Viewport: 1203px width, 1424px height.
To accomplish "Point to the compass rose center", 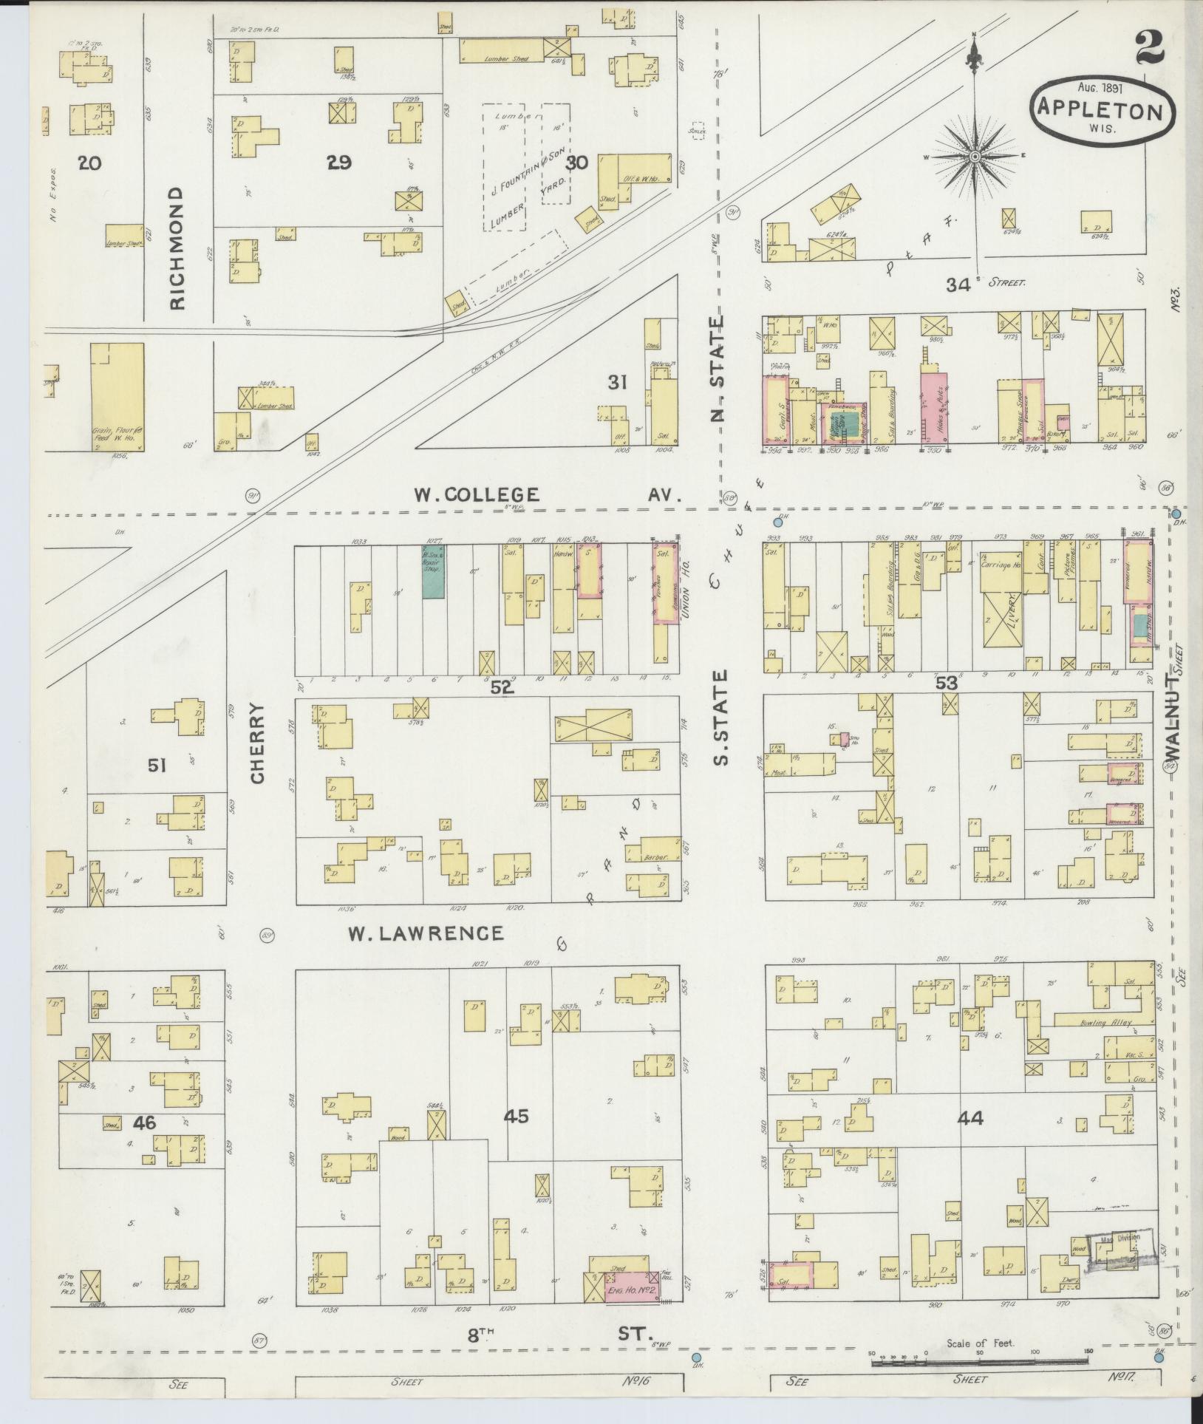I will tap(975, 157).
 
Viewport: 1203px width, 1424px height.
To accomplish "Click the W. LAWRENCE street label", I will tap(426, 933).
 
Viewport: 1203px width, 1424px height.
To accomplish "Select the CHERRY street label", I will tap(256, 742).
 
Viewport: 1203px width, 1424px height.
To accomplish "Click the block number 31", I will tap(617, 382).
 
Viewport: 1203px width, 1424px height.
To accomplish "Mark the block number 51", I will tap(156, 766).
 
